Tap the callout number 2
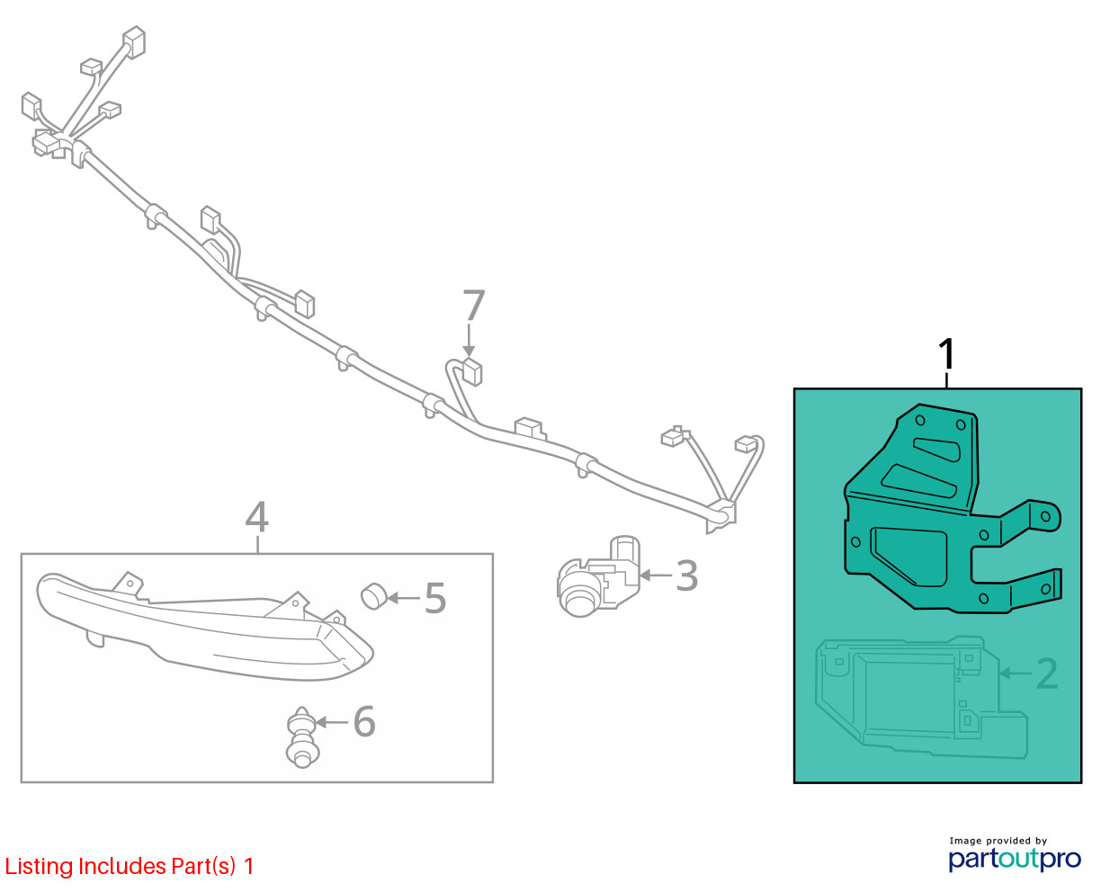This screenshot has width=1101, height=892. (1047, 673)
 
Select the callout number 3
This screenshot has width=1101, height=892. (686, 576)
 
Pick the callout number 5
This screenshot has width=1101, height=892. (435, 599)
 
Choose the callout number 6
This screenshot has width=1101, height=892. (363, 721)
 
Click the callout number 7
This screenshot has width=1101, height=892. (473, 307)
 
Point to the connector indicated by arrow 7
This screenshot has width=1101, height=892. (470, 370)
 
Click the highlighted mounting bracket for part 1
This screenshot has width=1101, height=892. (935, 522)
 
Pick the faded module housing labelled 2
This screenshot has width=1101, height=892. (917, 697)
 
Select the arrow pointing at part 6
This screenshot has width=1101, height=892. (331, 721)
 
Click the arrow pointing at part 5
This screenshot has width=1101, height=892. (402, 597)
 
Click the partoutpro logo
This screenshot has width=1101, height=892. (1014, 859)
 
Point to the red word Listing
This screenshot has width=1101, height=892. (39, 867)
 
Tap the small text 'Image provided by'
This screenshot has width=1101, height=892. (998, 841)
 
